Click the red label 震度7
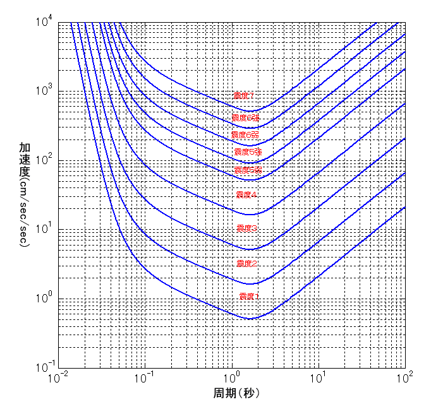coord(243,96)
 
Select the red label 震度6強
coord(245,118)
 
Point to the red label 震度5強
coord(247,152)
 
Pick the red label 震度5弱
coord(248,170)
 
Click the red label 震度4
coord(246,194)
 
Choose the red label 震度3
coord(246,228)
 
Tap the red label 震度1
coord(249,296)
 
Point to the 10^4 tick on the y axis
coord(47,23)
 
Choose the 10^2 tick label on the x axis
coord(405,378)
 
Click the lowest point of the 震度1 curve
coord(249,319)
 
